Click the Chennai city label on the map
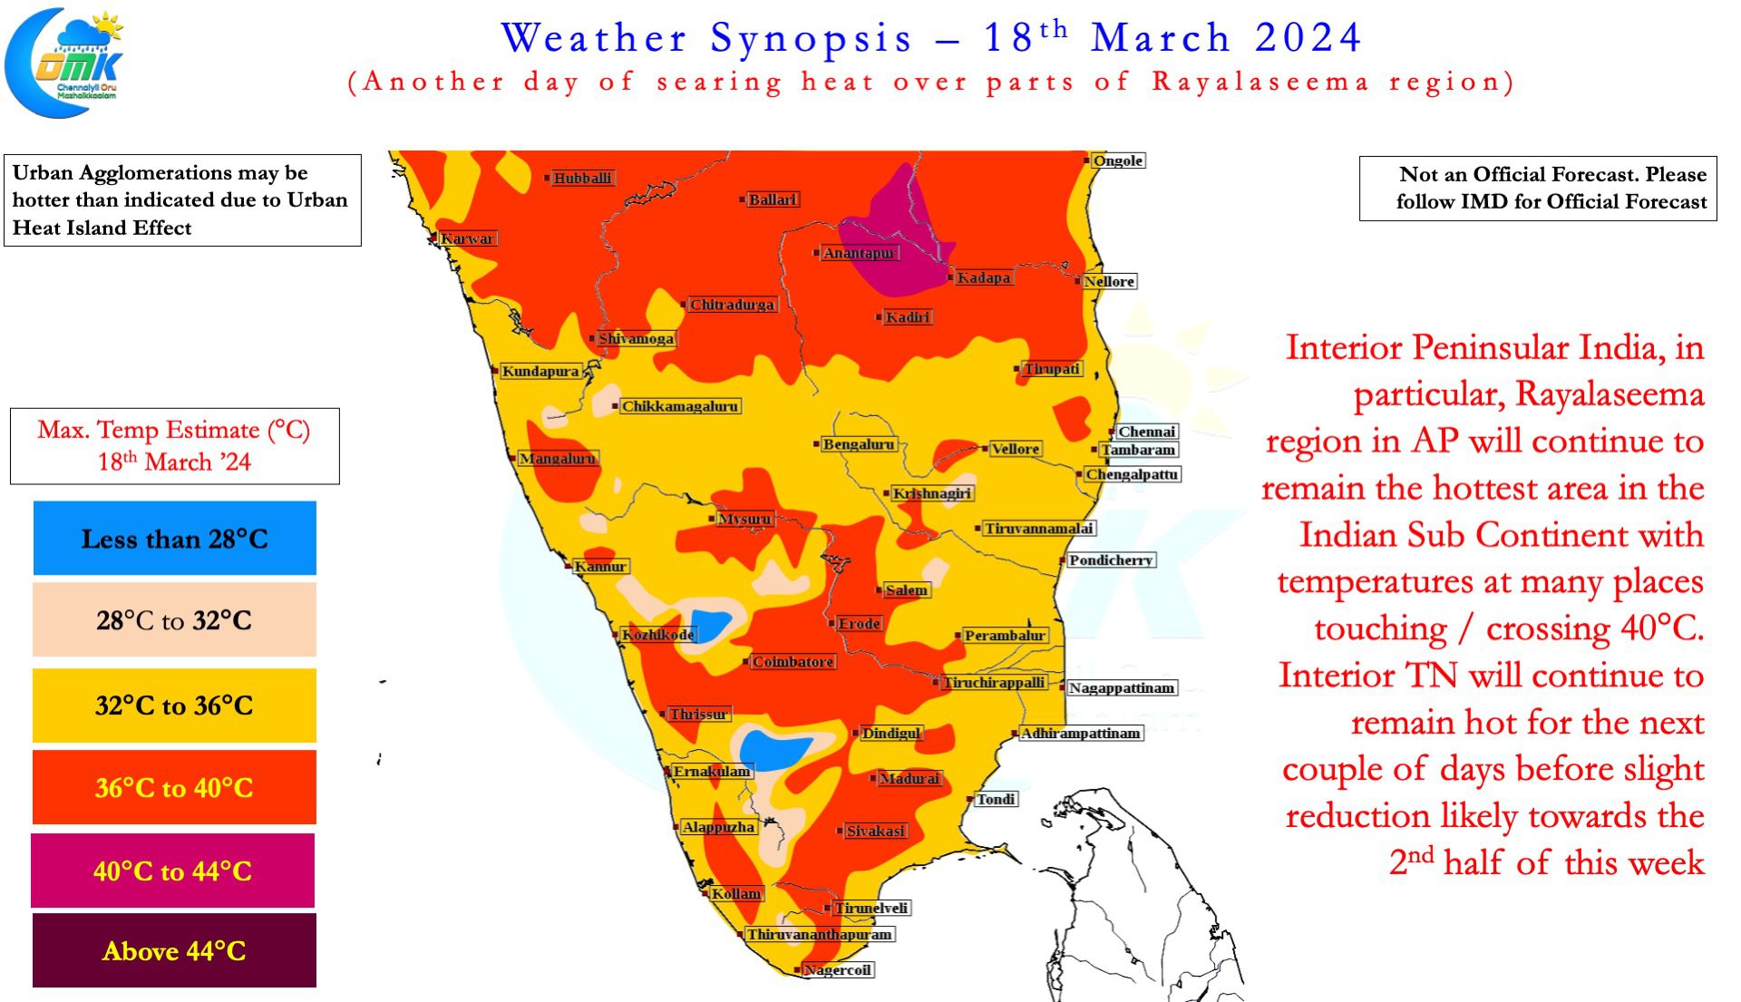[1146, 432]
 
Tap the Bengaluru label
[858, 444]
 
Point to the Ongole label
[1117, 161]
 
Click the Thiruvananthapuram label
[819, 934]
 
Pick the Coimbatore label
[793, 662]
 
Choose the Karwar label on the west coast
[467, 238]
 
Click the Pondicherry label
[1110, 560]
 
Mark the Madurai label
[909, 778]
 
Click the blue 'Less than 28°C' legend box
[174, 539]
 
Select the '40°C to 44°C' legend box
[173, 871]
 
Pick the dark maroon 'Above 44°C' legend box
[174, 950]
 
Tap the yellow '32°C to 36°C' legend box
[174, 705]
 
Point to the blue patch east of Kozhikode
[708, 626]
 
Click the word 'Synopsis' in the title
[811, 39]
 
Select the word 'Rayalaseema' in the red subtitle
[1260, 82]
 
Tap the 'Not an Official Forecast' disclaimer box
[1537, 188]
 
